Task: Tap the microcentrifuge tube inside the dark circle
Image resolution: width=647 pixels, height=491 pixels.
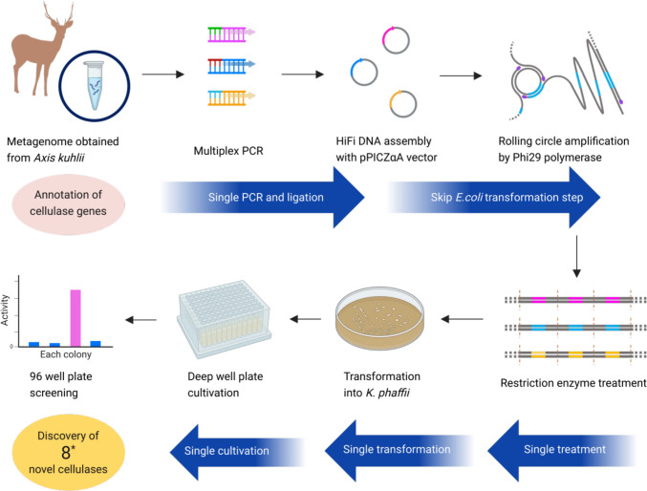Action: point(94,85)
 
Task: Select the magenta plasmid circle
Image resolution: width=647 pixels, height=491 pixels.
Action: point(396,40)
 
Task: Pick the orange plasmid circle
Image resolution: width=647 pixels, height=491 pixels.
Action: point(403,103)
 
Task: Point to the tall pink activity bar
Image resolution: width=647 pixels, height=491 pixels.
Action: point(75,318)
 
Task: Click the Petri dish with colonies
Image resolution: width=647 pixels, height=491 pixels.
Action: point(379,318)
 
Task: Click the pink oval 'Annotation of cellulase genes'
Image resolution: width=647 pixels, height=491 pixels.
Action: point(68,203)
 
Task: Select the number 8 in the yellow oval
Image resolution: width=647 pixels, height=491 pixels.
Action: point(66,453)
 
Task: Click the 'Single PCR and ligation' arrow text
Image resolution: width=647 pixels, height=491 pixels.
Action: point(266,197)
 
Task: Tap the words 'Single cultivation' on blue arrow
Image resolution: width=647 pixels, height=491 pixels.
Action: point(226,451)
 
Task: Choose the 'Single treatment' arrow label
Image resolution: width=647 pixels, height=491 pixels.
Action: point(565,449)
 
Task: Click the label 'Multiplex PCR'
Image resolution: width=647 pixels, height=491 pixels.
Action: point(228,151)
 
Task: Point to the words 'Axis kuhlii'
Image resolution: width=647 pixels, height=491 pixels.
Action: point(59,158)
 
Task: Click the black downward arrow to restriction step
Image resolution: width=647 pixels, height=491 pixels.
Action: point(577,256)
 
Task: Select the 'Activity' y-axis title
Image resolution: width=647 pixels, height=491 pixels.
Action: point(5,310)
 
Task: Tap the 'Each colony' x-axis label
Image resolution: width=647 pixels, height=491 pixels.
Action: point(66,354)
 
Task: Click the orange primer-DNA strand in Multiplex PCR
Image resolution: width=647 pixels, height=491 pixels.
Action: point(231,97)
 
